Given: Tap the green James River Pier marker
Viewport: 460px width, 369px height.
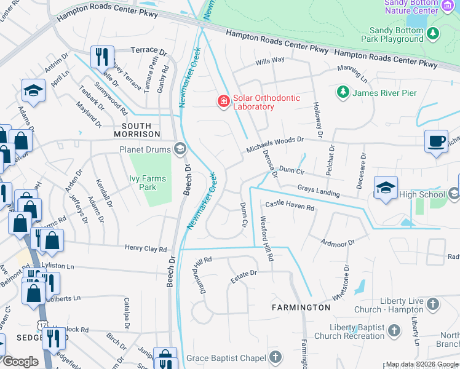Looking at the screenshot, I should (343, 93).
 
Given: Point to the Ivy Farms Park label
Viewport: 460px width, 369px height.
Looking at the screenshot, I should (148, 183).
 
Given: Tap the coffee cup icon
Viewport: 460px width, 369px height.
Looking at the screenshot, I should (436, 141).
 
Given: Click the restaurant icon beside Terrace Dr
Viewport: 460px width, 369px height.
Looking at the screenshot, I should (100, 57).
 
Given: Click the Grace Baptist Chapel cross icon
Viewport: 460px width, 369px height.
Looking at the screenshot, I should (277, 356).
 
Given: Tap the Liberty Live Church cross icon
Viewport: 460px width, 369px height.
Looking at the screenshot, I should (433, 304).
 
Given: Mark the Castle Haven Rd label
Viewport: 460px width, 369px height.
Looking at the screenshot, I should (290, 205).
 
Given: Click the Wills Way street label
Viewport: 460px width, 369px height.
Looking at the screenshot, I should (270, 60).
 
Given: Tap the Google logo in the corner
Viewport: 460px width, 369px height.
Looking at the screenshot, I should (20, 362).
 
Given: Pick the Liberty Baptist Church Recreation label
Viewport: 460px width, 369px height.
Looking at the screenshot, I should (349, 331).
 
